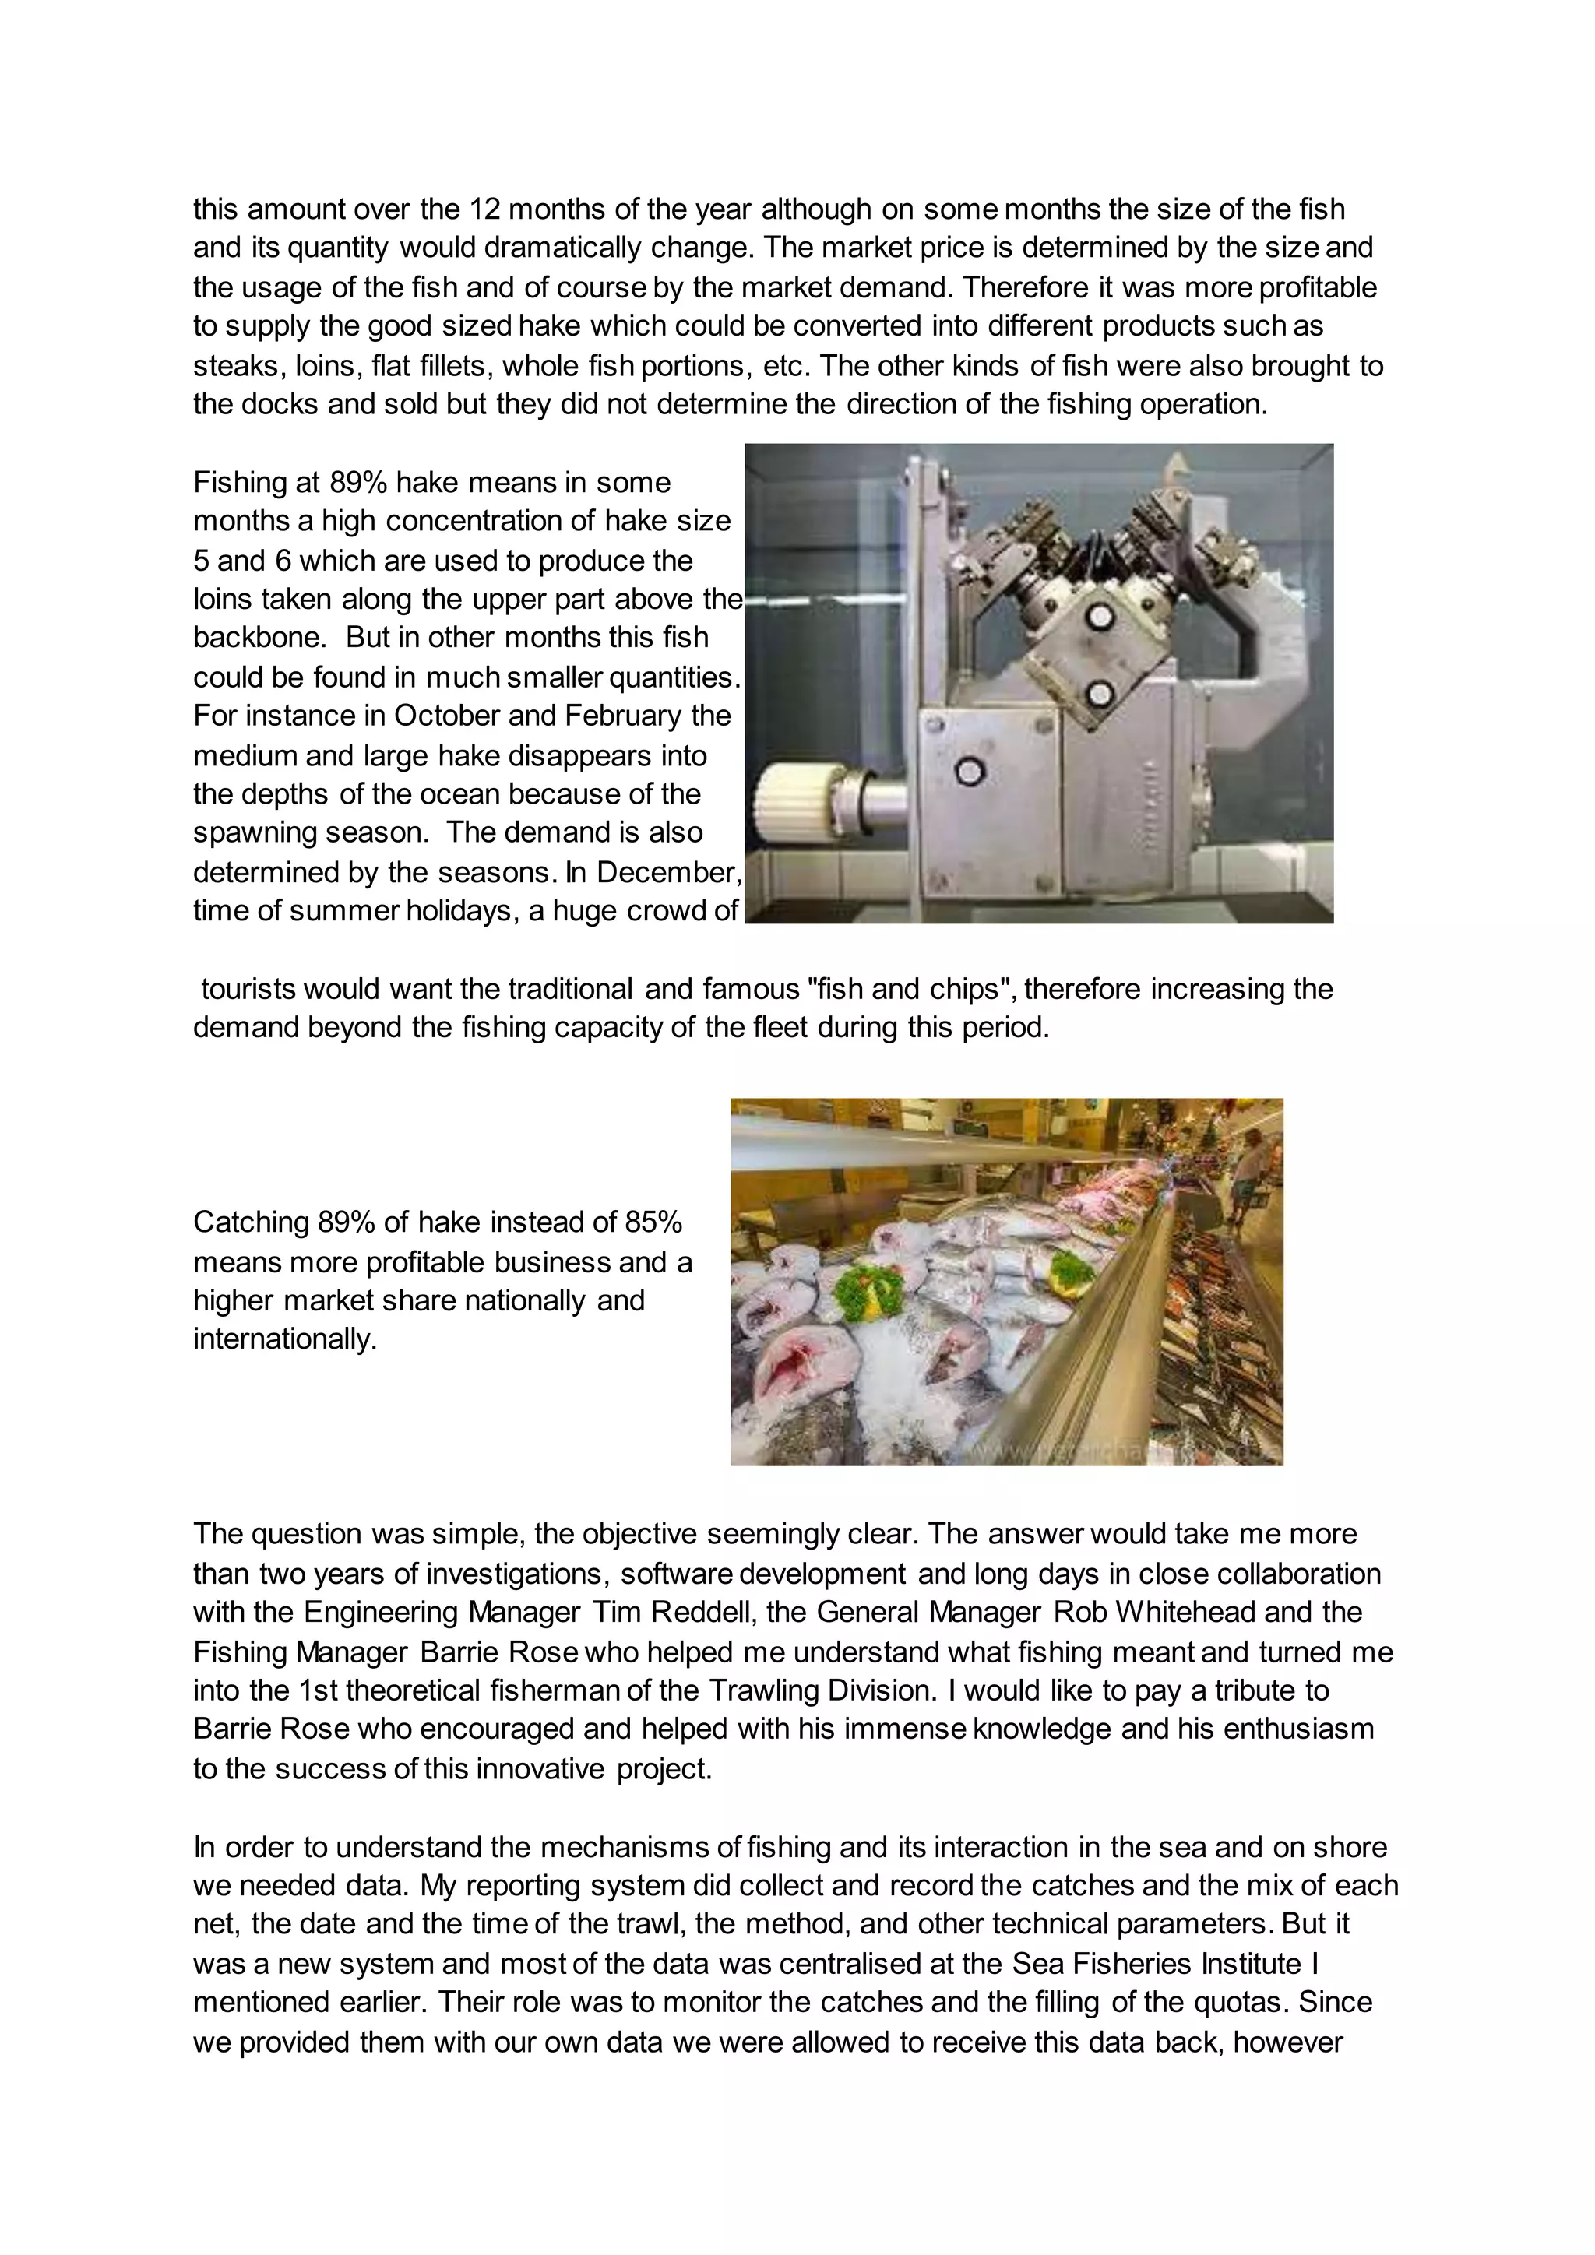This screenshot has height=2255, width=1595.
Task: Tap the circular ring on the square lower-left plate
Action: pyautogui.click(x=970, y=771)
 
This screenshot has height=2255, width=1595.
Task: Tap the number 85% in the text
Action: pyautogui.click(x=653, y=1222)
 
